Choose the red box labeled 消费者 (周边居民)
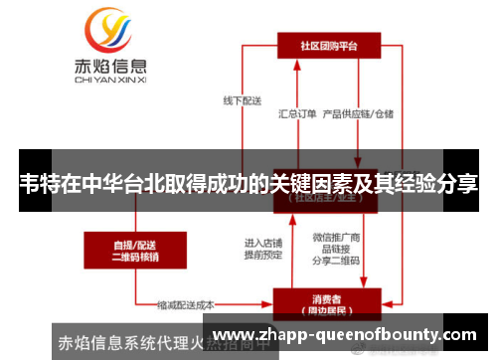tap(327, 302)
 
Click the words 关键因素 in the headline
tap(313, 184)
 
